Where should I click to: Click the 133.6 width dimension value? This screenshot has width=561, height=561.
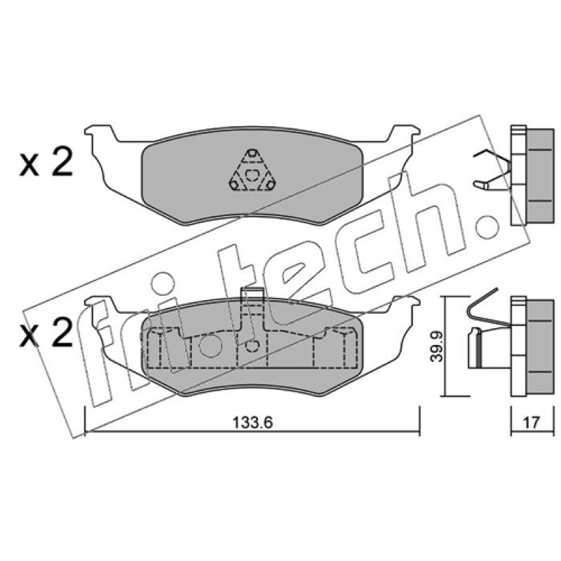[x=252, y=423]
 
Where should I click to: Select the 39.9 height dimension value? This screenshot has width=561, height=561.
[x=436, y=346]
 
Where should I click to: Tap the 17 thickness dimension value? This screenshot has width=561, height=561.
[x=532, y=423]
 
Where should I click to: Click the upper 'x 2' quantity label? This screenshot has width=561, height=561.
[x=46, y=163]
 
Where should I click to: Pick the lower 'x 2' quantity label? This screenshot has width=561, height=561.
[x=46, y=333]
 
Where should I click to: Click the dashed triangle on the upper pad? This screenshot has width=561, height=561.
[x=252, y=171]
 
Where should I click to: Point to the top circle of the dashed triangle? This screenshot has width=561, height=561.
[x=252, y=154]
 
